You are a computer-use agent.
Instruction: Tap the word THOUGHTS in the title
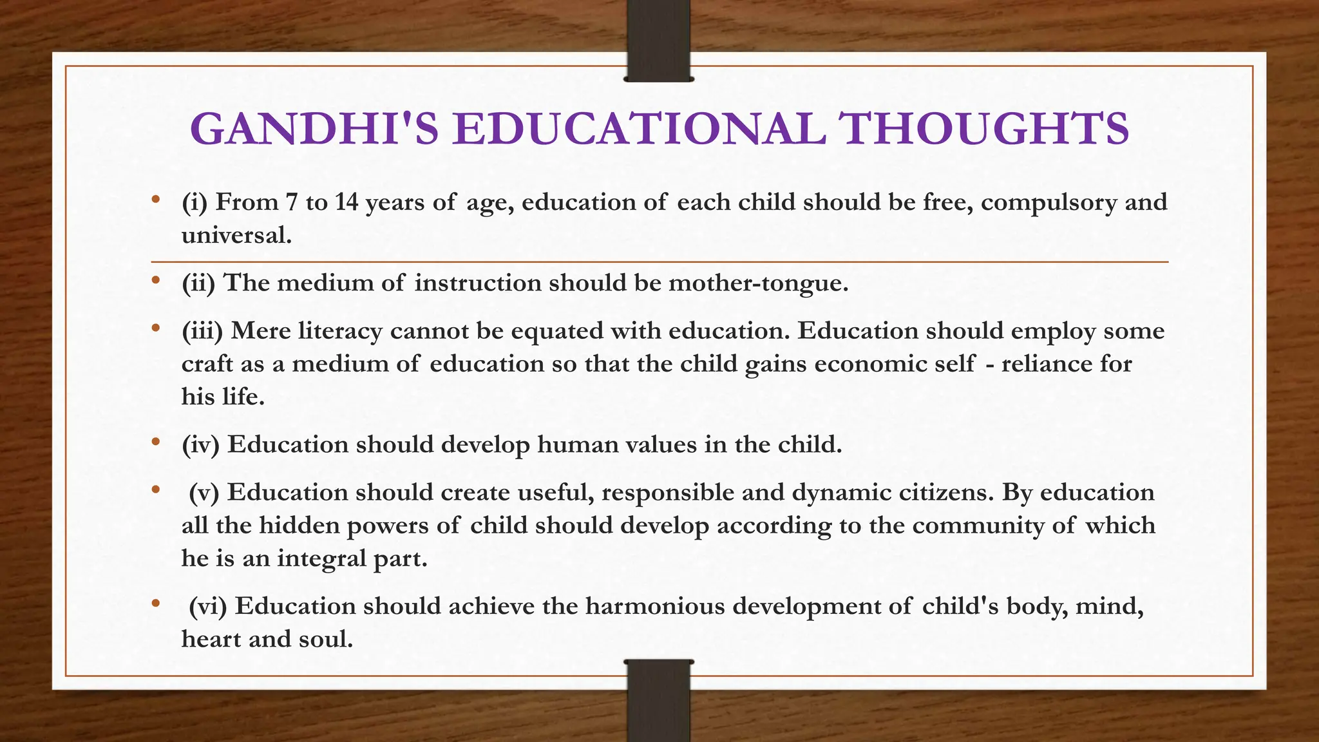pos(986,129)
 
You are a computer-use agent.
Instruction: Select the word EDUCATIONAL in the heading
pos(639,129)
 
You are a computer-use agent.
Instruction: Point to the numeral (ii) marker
pos(198,283)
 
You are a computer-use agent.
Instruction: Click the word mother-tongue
pos(758,283)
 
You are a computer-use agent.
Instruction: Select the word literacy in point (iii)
pos(340,331)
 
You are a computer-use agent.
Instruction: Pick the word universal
pos(236,235)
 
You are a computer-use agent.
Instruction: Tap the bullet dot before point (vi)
pos(155,604)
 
